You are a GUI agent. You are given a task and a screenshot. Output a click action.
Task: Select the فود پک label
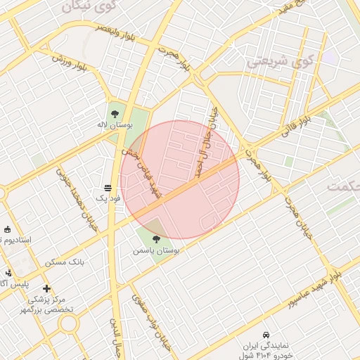108,200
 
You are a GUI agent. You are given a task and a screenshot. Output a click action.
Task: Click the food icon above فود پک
108,188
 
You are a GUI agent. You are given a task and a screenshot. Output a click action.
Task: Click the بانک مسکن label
65,262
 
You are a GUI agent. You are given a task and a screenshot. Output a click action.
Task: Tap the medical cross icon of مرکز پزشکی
46,288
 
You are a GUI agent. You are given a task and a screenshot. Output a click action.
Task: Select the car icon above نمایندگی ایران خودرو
266,335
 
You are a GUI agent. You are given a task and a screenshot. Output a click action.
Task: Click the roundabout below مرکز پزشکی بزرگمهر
68,324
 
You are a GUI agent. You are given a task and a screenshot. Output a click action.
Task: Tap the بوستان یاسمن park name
156,250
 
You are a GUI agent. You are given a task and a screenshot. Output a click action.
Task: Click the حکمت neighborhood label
343,186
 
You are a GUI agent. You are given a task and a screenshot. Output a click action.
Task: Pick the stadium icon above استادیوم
7,229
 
